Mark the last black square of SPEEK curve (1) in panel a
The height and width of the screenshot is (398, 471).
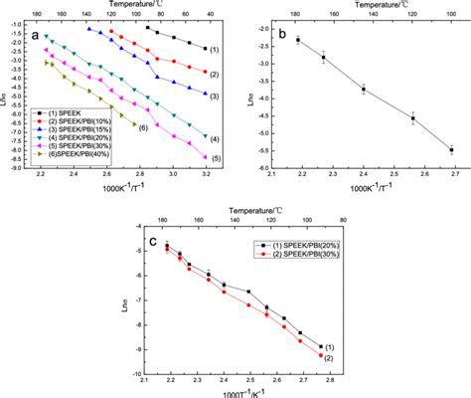tap(206, 49)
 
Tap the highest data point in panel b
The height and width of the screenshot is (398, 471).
tap(297, 40)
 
